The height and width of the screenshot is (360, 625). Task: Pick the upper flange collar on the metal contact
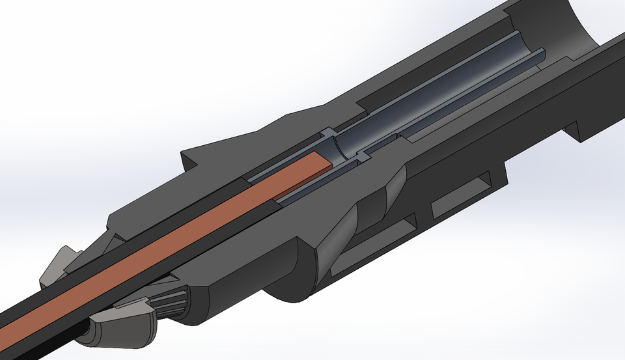[x=329, y=137]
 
